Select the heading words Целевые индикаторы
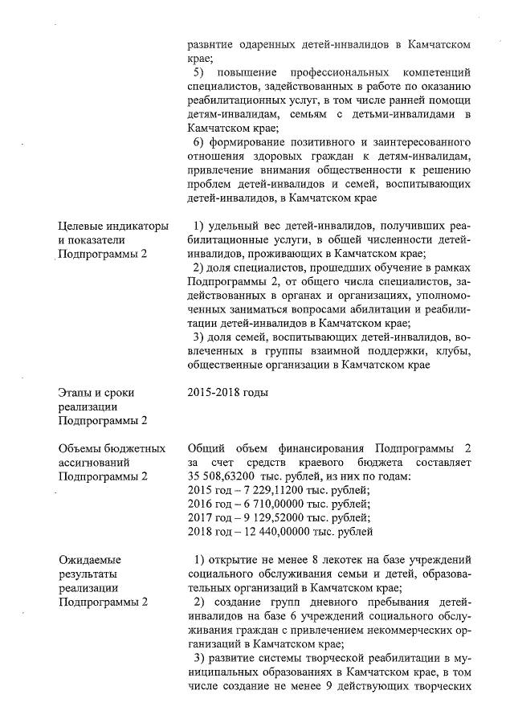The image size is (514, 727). click(x=112, y=227)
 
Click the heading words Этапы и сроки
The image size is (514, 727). click(x=96, y=393)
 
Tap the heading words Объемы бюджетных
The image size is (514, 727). click(x=112, y=448)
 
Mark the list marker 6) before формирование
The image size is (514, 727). click(x=201, y=141)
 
